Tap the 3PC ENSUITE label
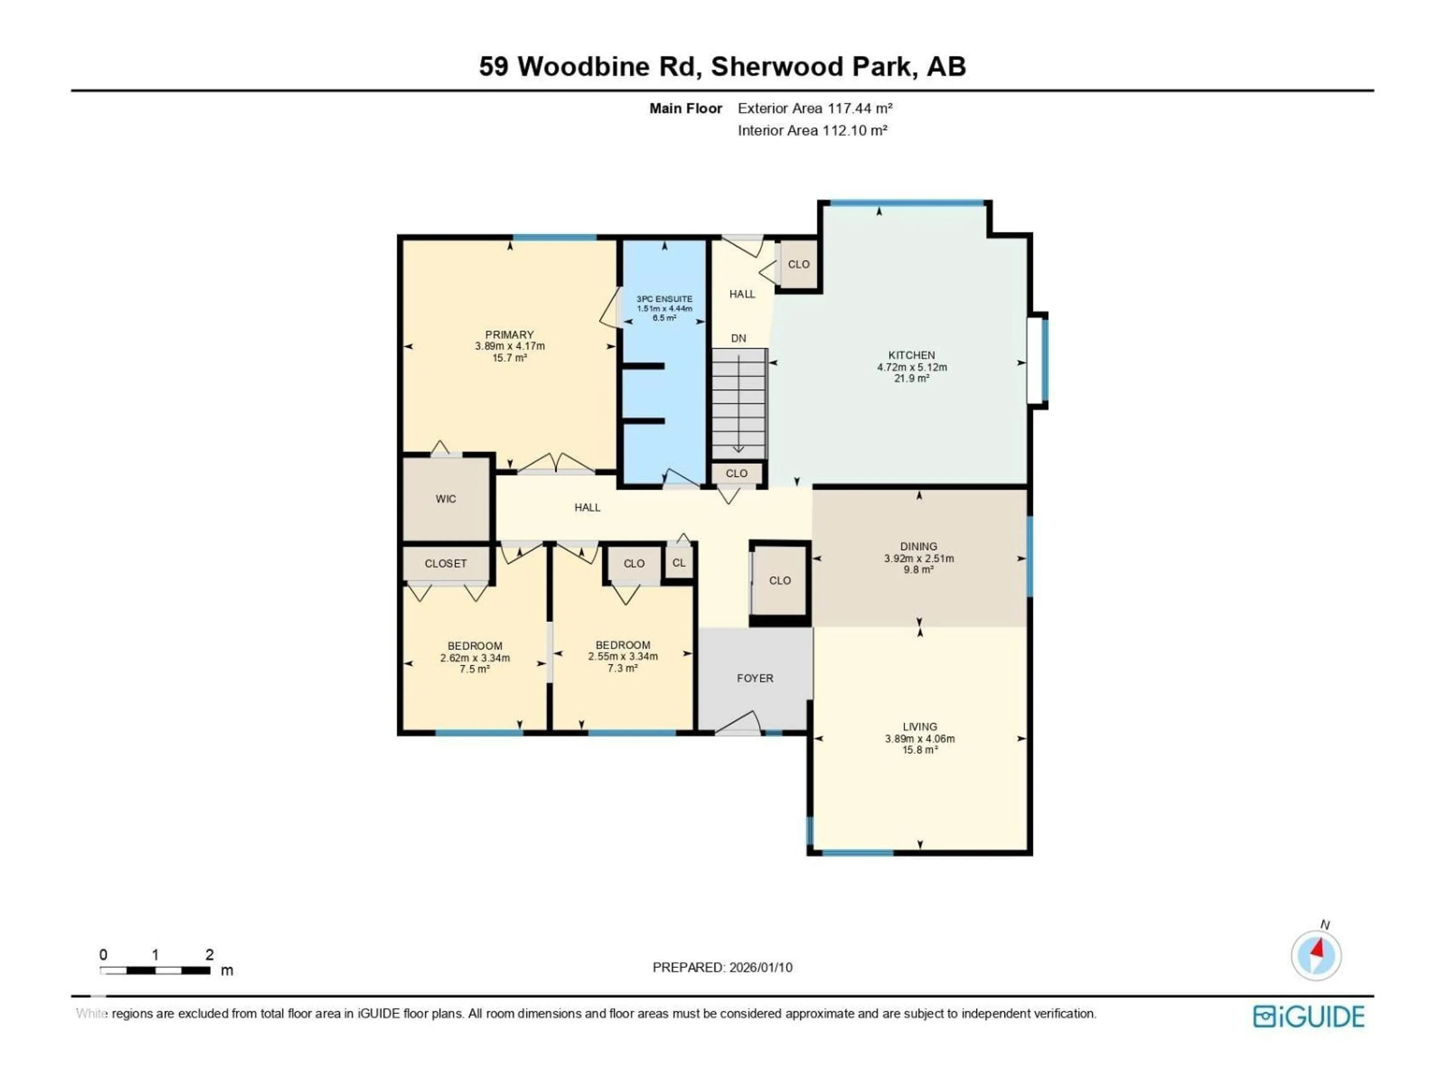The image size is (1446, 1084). click(x=664, y=298)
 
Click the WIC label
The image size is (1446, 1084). click(x=446, y=499)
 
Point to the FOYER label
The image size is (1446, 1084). click(x=755, y=678)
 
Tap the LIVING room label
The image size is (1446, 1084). click(x=920, y=726)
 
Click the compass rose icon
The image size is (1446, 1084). click(x=1316, y=955)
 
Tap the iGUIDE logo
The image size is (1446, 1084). click(x=1308, y=1017)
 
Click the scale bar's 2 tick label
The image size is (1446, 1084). click(x=209, y=955)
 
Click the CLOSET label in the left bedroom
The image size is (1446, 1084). click(x=446, y=563)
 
